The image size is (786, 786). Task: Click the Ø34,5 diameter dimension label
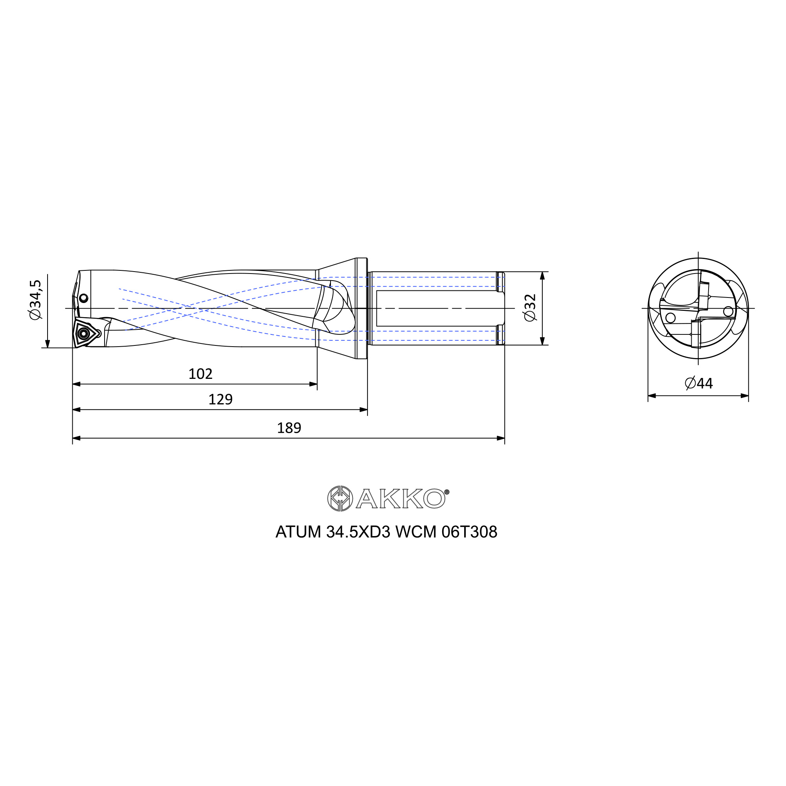pos(36,300)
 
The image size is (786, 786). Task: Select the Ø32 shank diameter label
pos(531,308)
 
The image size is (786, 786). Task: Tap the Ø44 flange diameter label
pos(698,383)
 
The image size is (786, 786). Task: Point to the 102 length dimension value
pos(200,374)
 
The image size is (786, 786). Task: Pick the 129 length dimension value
pos(220,400)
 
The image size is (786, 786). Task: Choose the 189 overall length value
pos(289,428)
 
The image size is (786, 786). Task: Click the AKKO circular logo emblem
pos(340,498)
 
